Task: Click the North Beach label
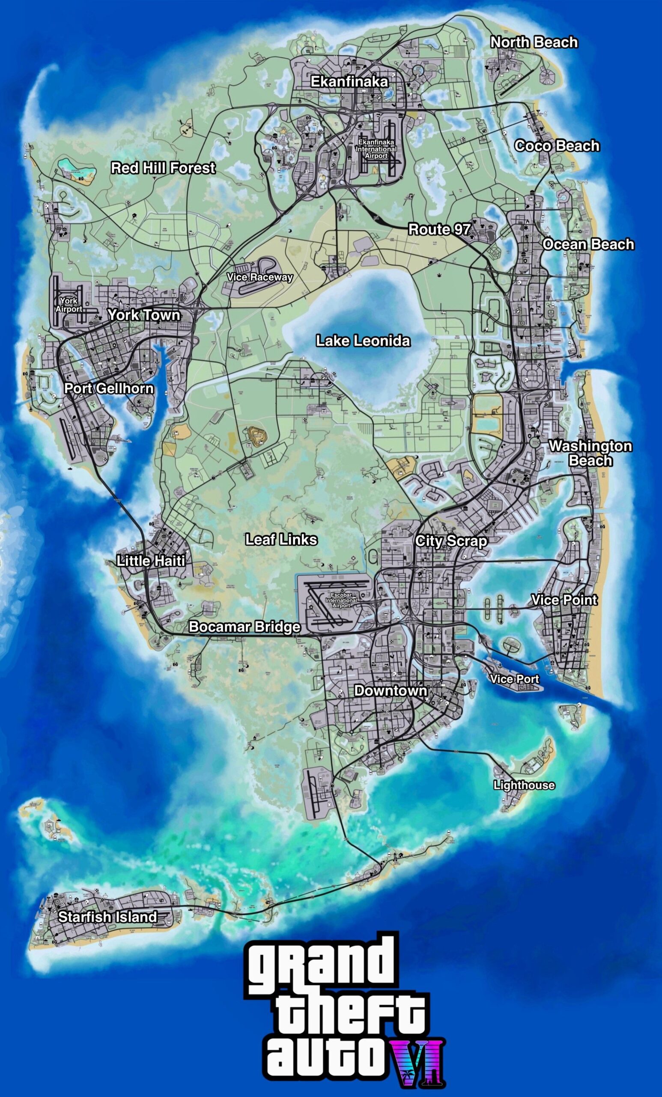point(534,42)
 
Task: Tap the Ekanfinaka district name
point(349,81)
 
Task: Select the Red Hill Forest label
point(163,168)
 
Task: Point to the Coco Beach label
point(557,146)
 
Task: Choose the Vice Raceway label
point(260,277)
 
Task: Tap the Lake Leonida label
point(363,341)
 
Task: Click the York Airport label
point(69,305)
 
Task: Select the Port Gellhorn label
point(109,388)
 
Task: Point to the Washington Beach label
point(590,453)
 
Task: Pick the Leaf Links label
point(281,540)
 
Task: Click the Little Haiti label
point(151,560)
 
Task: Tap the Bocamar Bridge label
point(244,626)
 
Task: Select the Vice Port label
point(514,679)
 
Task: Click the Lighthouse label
point(524,785)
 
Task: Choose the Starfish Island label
point(107,917)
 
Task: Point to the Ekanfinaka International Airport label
point(376,149)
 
